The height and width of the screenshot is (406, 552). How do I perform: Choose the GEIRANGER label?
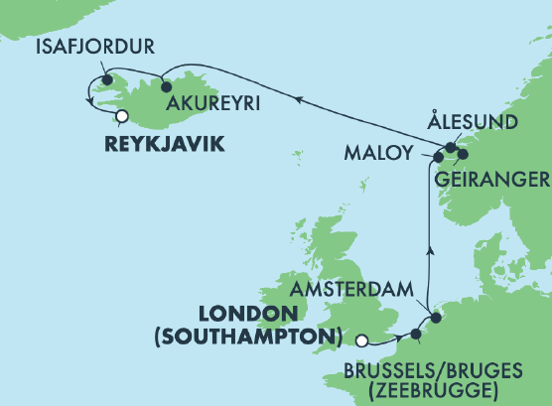(492, 179)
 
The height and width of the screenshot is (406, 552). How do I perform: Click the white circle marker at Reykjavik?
(121, 116)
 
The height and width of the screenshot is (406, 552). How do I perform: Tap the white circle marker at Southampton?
(361, 339)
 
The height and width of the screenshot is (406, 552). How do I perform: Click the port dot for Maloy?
(438, 156)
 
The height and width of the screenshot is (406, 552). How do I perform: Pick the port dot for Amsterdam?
(435, 319)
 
